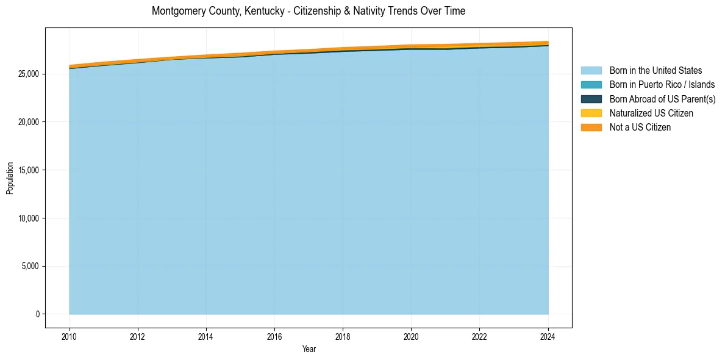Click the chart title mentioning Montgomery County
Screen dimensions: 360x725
(309, 11)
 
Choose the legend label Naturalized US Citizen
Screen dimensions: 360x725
(651, 113)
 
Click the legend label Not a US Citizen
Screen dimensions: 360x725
(640, 128)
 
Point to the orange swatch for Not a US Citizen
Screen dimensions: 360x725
(591, 128)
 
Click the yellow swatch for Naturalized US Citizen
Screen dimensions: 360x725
(591, 113)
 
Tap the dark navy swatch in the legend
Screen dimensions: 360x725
(591, 99)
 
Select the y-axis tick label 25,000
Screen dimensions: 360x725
(27, 74)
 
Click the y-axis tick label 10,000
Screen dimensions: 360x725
(27, 218)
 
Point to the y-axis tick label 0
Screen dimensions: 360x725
(37, 314)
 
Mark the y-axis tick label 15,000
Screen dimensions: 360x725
(27, 170)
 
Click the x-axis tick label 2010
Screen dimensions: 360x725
(70, 336)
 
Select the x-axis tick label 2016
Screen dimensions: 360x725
(274, 336)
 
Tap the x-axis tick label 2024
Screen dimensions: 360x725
(548, 336)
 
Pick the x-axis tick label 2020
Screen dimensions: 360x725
(411, 336)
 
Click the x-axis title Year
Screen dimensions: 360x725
(309, 349)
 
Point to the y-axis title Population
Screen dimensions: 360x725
(10, 178)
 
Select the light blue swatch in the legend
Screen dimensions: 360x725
(591, 71)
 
